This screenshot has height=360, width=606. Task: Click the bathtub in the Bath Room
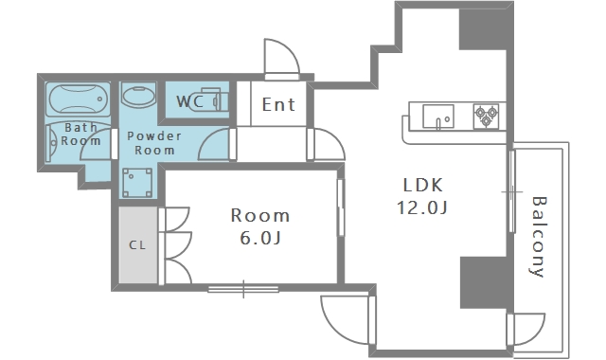78,99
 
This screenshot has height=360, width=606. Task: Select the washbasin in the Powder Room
138,95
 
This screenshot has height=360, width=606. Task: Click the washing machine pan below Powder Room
136,183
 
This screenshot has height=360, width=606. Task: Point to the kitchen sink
438,116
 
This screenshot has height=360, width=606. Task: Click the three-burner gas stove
486,116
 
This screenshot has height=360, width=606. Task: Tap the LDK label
422,186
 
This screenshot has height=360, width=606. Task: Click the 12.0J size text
422,207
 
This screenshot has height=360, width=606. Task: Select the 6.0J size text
260,238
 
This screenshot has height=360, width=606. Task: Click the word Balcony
538,237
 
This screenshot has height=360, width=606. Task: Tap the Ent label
278,104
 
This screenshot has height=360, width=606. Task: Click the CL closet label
137,244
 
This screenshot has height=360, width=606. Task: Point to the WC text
189,101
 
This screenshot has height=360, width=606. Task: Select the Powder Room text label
154,143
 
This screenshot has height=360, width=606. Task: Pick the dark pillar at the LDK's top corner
483,29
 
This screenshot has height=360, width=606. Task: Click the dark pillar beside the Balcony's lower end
484,282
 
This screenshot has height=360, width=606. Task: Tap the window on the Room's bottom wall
243,289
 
